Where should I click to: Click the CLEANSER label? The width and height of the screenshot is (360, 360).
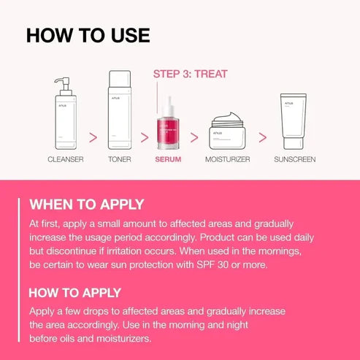[66, 158]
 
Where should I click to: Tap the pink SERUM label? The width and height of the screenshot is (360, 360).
[168, 158]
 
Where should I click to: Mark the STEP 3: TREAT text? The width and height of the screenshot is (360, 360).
[190, 74]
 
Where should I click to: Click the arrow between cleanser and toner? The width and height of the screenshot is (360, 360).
[93, 136]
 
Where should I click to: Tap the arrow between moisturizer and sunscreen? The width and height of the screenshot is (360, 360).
[262, 136]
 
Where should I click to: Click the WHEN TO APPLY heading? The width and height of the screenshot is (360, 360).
[86, 204]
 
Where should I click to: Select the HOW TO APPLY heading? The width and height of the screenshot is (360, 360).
[74, 292]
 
